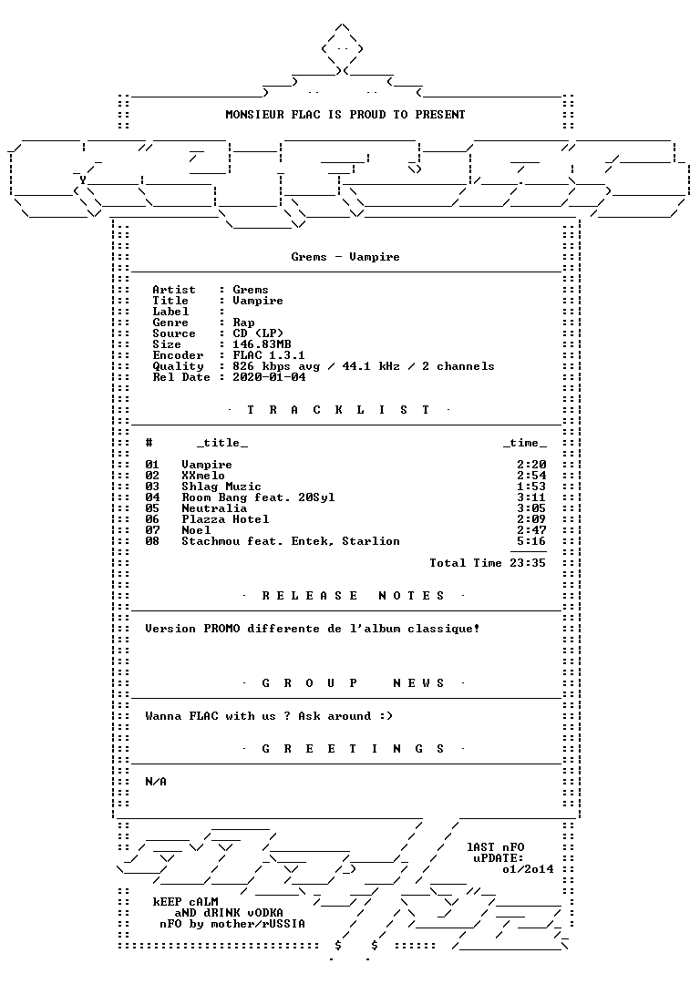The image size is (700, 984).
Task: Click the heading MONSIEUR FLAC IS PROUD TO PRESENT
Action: (345, 114)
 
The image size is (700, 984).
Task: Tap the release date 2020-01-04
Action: (269, 376)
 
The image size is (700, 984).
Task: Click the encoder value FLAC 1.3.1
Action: (269, 354)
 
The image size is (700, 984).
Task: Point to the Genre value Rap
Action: (243, 323)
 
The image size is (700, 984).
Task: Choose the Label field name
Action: (170, 312)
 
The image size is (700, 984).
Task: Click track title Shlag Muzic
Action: (221, 487)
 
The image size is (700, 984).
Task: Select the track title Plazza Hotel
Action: (225, 519)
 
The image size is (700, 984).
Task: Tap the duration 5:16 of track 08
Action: (531, 541)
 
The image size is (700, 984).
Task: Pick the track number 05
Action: (152, 508)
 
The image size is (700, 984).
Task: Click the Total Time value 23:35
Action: (528, 563)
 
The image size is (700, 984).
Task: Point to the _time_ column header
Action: (524, 443)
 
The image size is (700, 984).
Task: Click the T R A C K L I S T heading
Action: (338, 410)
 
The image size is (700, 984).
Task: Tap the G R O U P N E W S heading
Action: (353, 682)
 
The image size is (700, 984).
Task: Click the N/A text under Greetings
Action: (156, 782)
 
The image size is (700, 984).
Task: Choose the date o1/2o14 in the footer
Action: (528, 869)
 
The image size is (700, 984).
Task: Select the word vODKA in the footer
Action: (265, 912)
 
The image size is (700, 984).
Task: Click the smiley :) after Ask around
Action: (386, 716)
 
